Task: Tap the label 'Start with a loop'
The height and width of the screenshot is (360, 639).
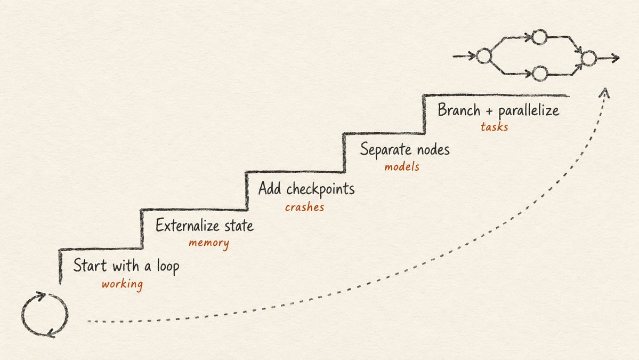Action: pos(126,266)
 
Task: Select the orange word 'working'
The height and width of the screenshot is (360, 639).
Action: pos(122,284)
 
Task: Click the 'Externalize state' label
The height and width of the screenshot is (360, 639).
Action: pos(205,226)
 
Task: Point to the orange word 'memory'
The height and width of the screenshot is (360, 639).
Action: pos(209,243)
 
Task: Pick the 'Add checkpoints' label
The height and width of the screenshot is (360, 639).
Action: pos(306,189)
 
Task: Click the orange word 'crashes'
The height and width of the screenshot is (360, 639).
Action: pos(304,207)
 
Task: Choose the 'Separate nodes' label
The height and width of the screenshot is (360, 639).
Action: pos(405,150)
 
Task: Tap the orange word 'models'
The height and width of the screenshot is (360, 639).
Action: pos(402,166)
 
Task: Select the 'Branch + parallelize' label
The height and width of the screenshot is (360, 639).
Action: pos(498,110)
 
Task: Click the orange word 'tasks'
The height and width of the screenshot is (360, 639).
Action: pos(494,127)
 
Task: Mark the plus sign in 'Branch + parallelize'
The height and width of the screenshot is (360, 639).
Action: pos(489,111)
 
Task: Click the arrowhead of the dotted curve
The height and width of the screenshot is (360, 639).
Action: pos(605,92)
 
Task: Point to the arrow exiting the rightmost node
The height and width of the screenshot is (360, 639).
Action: pos(608,58)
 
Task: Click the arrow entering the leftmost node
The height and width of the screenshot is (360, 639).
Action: pos(465,56)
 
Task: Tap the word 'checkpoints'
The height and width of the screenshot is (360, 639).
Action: pos(320,189)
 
